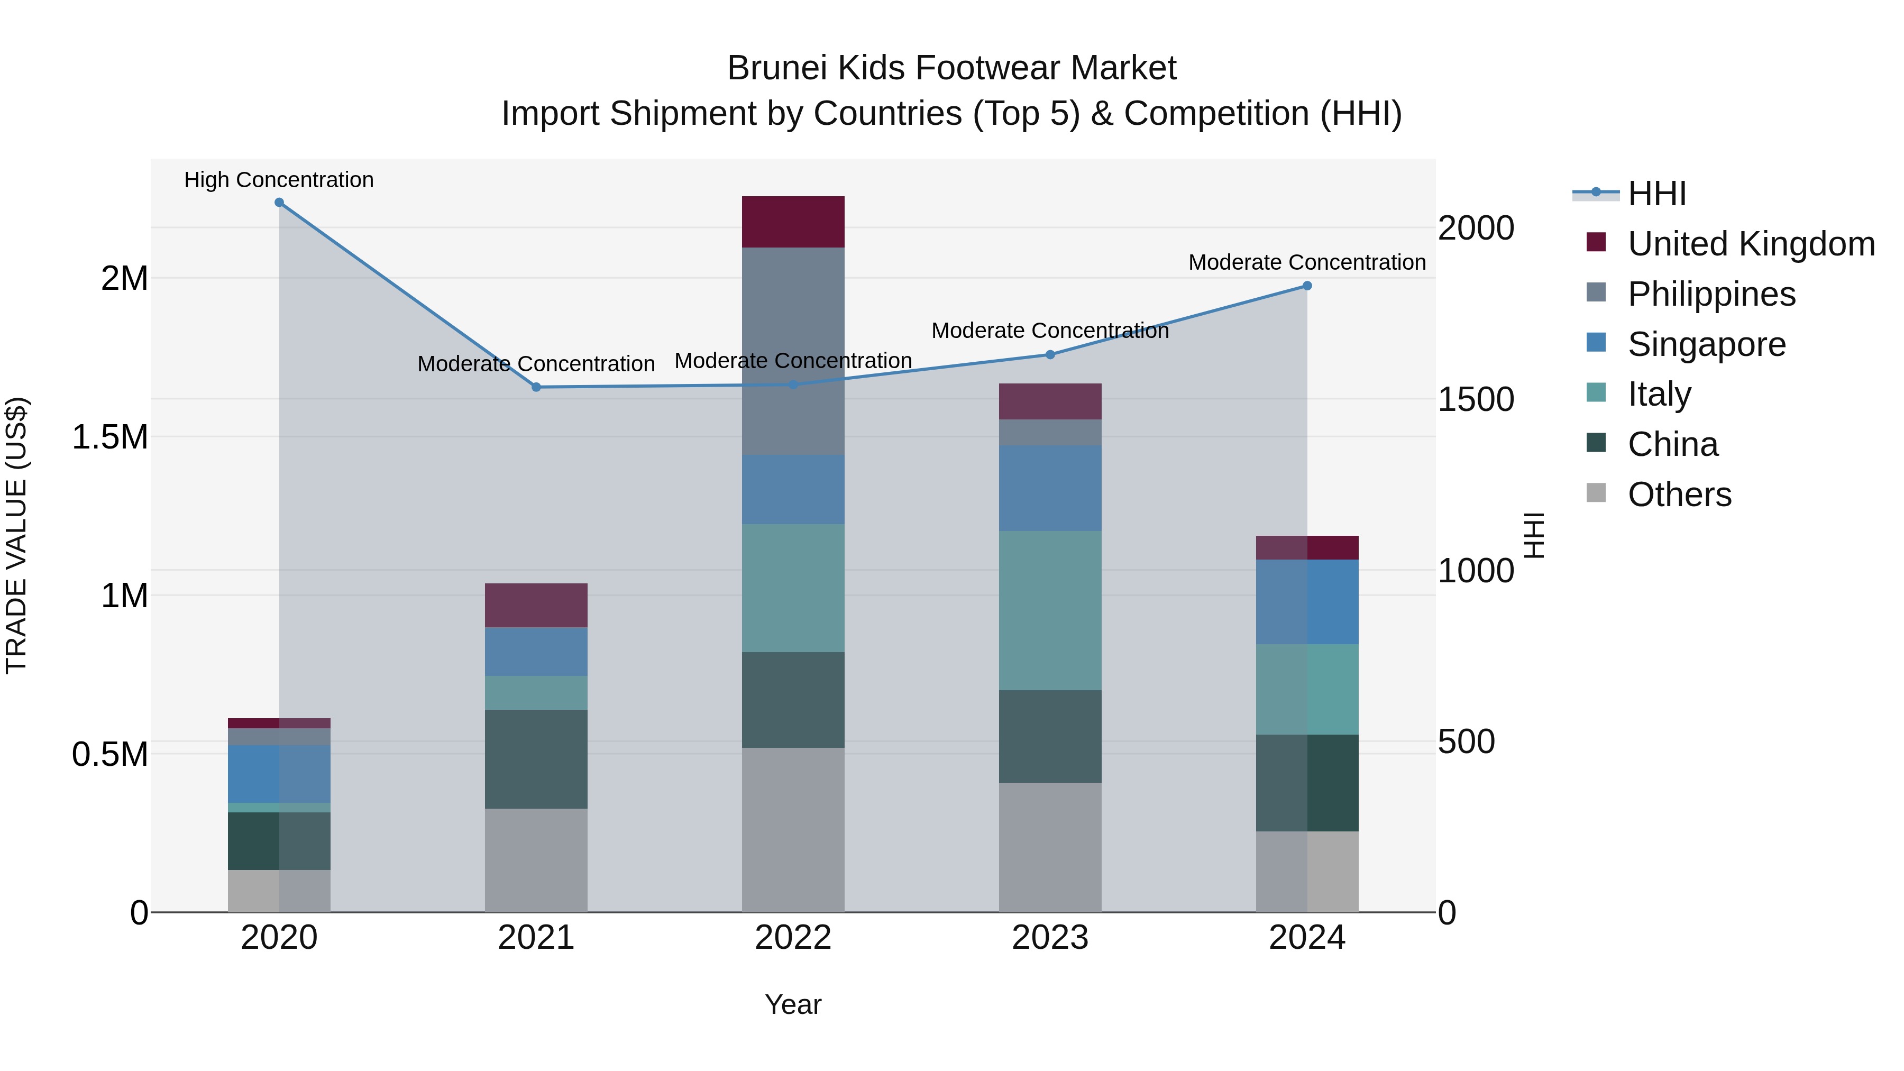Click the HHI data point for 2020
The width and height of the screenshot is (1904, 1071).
coord(279,203)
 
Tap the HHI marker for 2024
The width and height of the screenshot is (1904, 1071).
coord(1307,286)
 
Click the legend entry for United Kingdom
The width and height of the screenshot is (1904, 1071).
coord(1750,244)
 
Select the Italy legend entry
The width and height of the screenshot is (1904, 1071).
coord(1659,394)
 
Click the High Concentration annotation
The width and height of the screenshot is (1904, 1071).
coord(279,180)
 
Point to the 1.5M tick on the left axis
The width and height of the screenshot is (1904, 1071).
coord(110,437)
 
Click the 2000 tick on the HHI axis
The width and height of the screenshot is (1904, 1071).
coord(1475,228)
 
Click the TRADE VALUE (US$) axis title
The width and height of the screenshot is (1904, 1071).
coord(16,536)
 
